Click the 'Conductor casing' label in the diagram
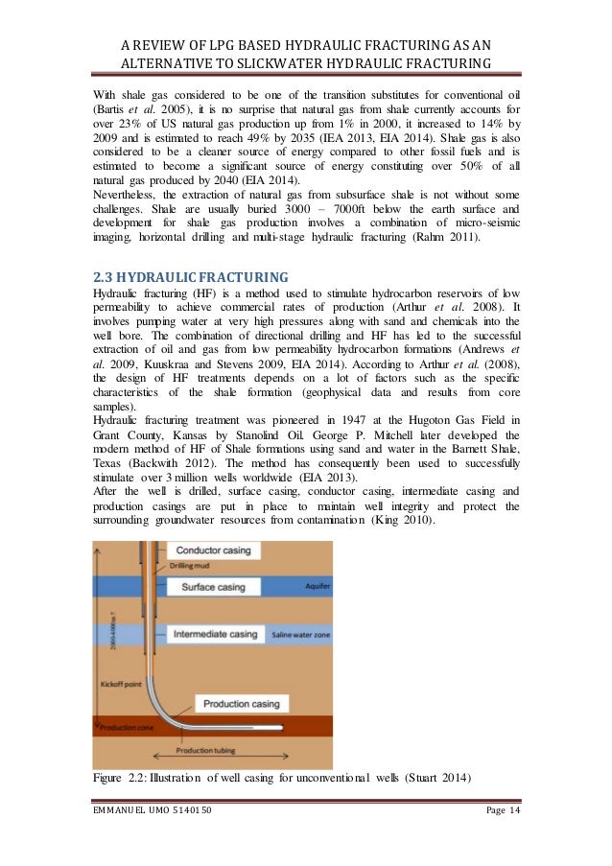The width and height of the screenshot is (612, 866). tap(215, 551)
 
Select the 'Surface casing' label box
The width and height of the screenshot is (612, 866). tap(214, 587)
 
